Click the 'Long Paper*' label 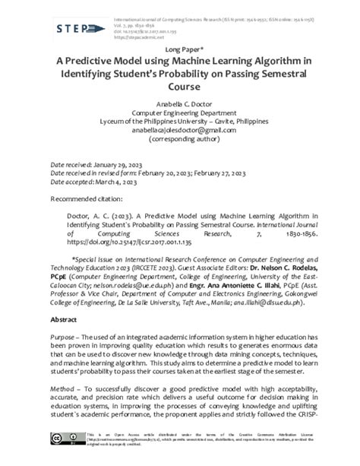pos(180,50)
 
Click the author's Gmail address pos(180,130)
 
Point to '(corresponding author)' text pos(180,140)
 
